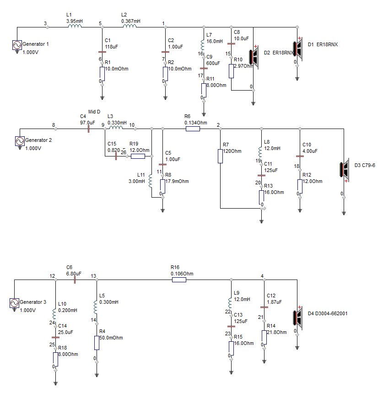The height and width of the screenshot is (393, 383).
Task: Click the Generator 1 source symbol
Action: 17,45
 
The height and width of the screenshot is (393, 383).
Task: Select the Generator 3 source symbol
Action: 14,303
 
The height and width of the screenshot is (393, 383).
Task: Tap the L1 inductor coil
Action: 75,26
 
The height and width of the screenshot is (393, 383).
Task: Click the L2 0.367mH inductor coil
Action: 129,26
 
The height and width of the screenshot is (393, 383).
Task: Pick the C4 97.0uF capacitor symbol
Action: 88,129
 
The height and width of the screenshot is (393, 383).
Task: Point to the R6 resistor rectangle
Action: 193,129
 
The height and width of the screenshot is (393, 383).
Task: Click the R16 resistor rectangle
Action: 179,280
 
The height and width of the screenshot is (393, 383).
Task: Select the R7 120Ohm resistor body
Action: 220,156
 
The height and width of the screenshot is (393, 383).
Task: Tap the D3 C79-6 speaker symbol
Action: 345,170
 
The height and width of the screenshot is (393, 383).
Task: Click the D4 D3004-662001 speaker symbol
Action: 298,318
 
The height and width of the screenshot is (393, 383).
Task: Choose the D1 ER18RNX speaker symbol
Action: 298,49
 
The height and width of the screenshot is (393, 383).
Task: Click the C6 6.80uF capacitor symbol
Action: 75,280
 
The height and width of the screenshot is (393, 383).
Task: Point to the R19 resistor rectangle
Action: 138,156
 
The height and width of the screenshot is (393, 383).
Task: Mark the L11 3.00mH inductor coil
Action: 151,181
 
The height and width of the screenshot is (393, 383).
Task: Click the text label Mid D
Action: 94,112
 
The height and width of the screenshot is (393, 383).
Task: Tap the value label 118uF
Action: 111,47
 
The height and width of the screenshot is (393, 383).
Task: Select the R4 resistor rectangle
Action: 97,343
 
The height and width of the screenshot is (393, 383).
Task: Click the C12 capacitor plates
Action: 264,307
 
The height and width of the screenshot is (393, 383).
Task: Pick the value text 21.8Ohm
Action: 276,332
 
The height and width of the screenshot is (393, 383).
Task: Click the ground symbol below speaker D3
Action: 344,213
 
